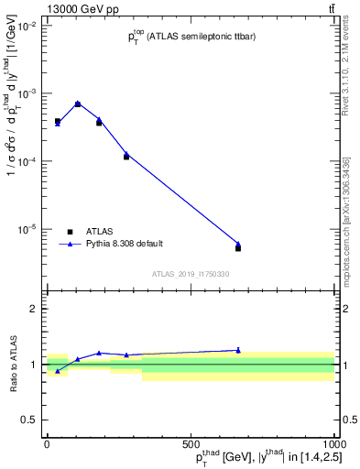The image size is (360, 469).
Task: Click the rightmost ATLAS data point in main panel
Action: [238, 248]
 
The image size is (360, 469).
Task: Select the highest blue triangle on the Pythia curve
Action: [78, 103]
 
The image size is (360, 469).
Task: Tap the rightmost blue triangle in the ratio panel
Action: [238, 350]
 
